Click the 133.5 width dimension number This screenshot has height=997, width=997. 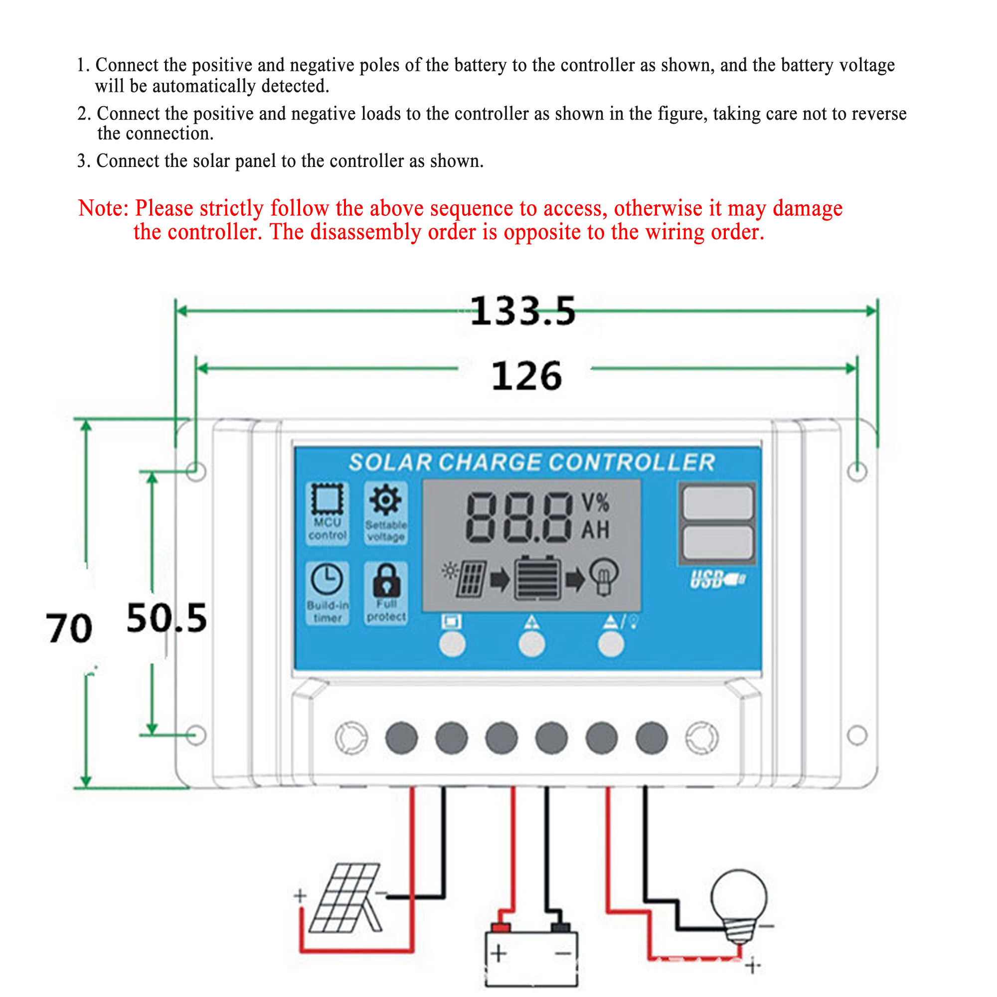click(x=522, y=311)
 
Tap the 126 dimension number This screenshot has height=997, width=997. click(x=526, y=376)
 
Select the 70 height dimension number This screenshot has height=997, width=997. click(x=69, y=628)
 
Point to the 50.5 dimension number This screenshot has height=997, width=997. click(x=166, y=618)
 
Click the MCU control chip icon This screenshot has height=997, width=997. click(x=327, y=499)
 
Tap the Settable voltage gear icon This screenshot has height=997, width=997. click(x=385, y=499)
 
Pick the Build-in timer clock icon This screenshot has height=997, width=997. click(x=327, y=579)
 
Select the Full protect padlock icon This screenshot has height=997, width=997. click(x=386, y=579)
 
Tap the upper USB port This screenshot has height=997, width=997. click(x=717, y=502)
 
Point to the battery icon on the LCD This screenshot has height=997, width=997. click(x=537, y=578)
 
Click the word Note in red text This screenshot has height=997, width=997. click(x=103, y=208)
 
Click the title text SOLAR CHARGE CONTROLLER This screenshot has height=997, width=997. click(x=531, y=463)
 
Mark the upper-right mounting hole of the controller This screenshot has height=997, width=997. click(x=857, y=471)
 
